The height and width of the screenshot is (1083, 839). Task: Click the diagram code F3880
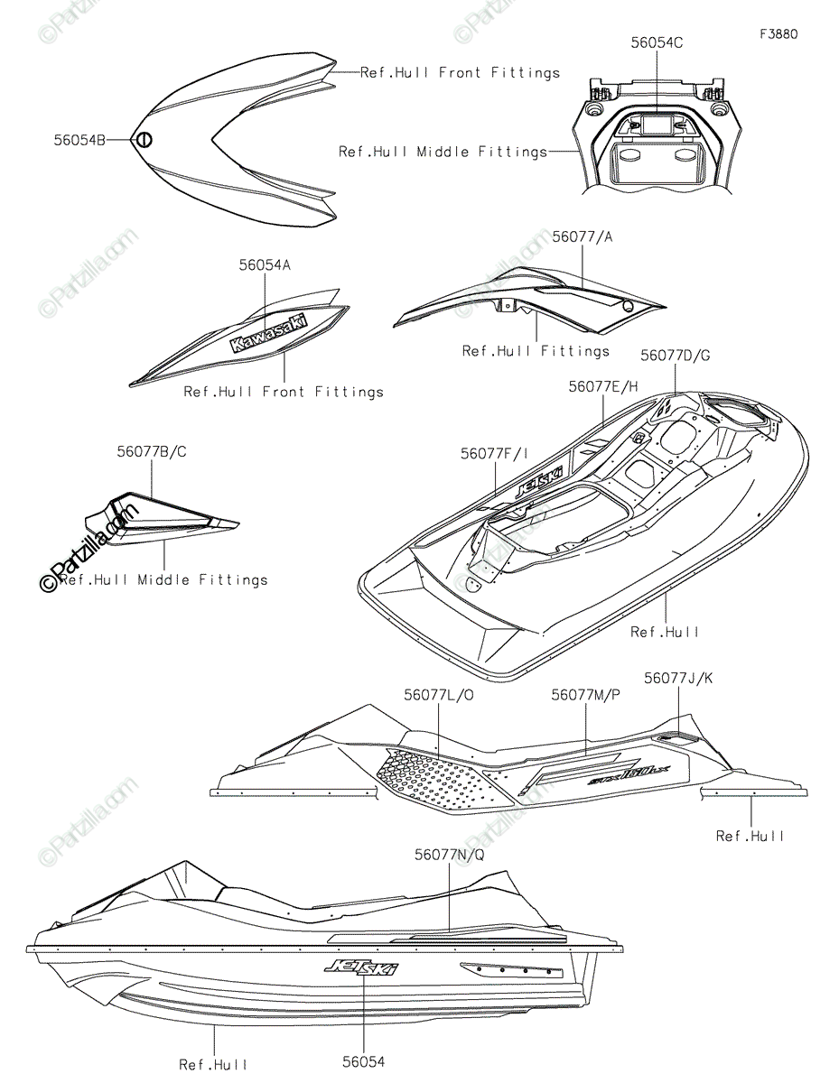[778, 34]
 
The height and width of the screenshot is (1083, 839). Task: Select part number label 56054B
[79, 140]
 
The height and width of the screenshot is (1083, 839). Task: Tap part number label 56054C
[657, 42]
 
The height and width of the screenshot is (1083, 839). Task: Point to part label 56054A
[265, 264]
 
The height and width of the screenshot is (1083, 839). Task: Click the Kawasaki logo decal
[268, 332]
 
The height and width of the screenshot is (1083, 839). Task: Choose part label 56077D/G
[676, 355]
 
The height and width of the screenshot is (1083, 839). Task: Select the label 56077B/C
[151, 450]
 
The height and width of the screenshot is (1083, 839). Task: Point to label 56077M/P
[586, 694]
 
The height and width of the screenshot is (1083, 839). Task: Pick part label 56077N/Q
[449, 853]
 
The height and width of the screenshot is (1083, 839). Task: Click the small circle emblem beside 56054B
[144, 140]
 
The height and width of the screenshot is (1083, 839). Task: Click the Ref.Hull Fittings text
[536, 350]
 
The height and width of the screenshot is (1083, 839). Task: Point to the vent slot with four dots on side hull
[511, 971]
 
